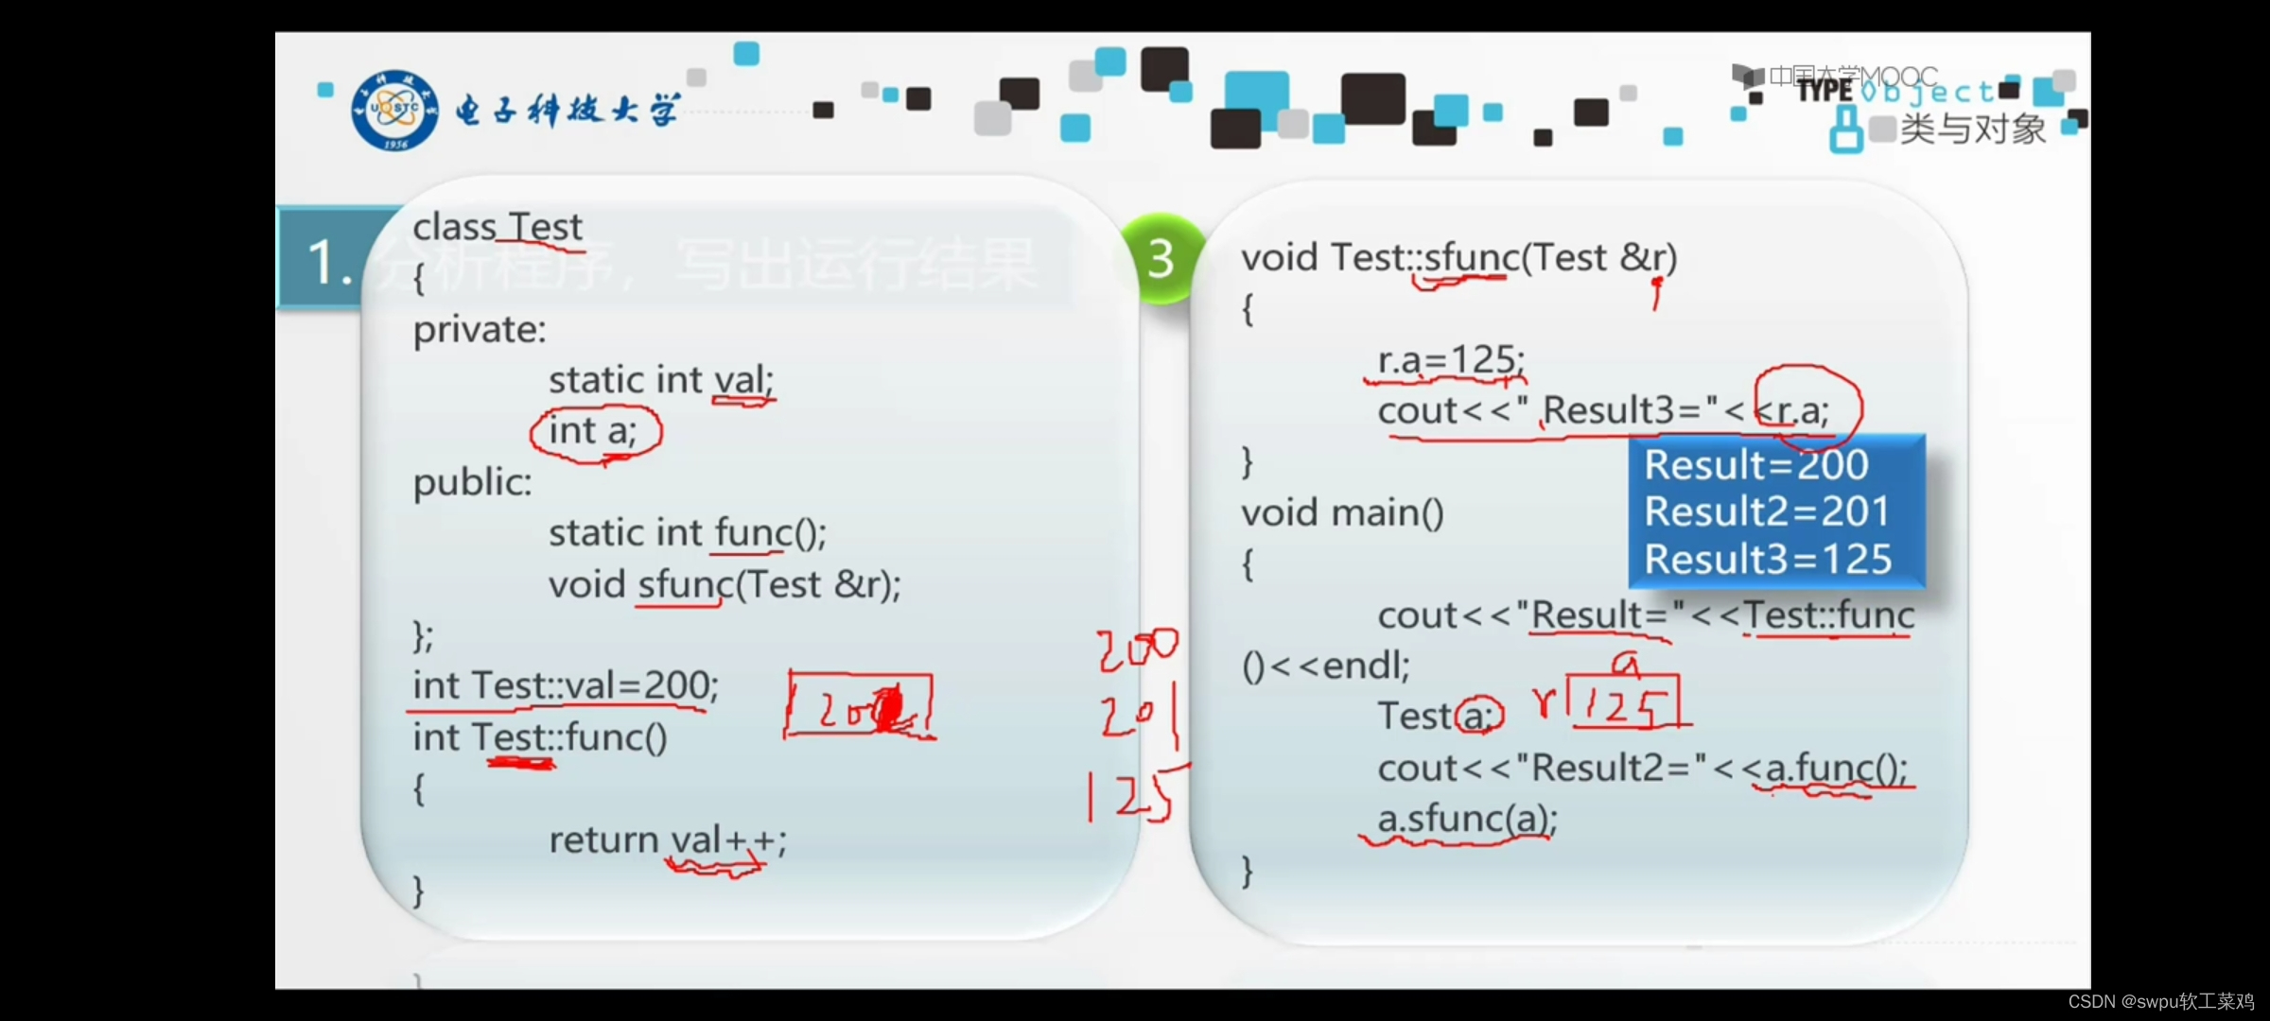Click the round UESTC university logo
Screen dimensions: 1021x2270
coord(394,110)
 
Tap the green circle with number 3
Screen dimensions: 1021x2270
coord(1161,258)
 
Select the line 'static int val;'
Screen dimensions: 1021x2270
coord(660,380)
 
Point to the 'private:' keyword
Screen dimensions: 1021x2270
coord(480,330)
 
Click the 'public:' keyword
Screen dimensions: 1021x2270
coord(472,483)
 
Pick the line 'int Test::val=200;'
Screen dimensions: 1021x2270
coord(565,685)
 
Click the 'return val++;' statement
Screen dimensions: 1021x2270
coord(667,839)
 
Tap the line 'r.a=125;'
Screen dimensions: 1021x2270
coord(1450,360)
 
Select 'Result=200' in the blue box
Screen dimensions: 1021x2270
coord(1755,465)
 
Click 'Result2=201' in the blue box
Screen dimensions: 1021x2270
coord(1766,511)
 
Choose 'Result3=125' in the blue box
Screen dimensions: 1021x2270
coord(1767,559)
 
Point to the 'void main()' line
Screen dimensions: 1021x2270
coord(1342,513)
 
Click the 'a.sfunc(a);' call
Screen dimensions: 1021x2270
coord(1466,819)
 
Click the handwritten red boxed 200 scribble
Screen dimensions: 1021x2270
coord(859,704)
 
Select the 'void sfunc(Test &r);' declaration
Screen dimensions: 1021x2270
coord(725,585)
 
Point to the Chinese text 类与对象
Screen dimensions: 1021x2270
coord(1973,130)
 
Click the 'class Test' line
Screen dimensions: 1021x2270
coord(498,228)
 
